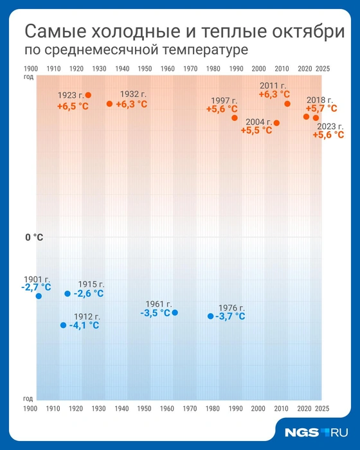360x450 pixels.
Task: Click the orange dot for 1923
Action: tap(88, 95)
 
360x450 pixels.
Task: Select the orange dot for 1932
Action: tap(109, 104)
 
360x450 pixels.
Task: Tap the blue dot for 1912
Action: tap(63, 325)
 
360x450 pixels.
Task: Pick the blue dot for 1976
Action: tap(210, 316)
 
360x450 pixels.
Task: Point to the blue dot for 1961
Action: tap(175, 312)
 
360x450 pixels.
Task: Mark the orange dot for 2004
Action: tap(276, 123)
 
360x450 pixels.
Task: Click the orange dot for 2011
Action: tap(287, 104)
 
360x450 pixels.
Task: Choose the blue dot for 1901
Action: tap(39, 296)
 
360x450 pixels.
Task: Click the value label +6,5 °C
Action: tap(73, 106)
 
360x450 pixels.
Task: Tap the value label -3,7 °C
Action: tap(230, 316)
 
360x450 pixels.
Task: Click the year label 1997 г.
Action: tap(225, 100)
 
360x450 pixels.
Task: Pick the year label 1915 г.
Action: tap(91, 284)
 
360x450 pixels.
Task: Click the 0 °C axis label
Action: tap(34, 237)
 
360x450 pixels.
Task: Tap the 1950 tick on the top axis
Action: tap(145, 68)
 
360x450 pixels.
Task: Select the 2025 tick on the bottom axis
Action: tap(323, 408)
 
